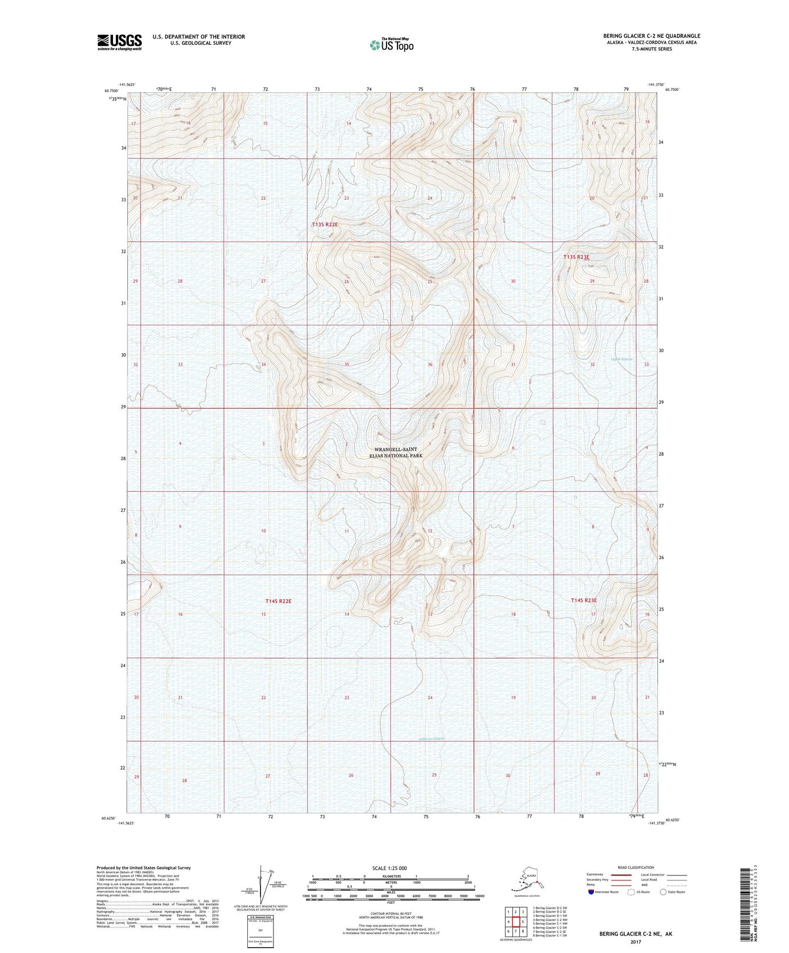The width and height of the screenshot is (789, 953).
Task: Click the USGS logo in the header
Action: tap(119, 42)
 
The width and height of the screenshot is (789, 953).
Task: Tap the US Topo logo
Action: tap(390, 44)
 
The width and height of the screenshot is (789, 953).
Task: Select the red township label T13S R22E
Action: tap(325, 224)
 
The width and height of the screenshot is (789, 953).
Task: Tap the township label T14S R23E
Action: tap(584, 600)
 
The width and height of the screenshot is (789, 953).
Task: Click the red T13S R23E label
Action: tap(577, 257)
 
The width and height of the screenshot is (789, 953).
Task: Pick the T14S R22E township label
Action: tap(278, 601)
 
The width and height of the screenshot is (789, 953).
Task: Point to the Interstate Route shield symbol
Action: tap(592, 892)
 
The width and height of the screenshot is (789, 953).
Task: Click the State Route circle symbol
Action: tap(663, 892)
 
